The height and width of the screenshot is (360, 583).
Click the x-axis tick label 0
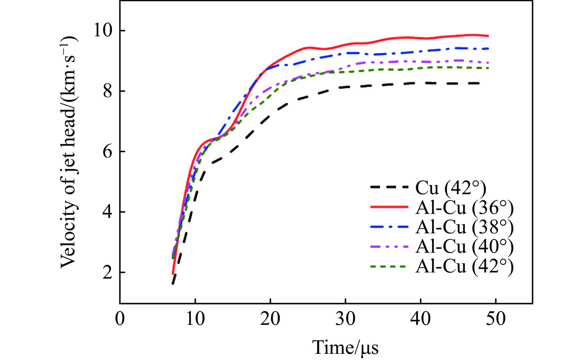pyautogui.click(x=120, y=319)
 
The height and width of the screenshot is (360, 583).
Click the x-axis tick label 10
pyautogui.click(x=195, y=319)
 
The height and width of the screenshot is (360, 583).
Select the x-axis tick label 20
pyautogui.click(x=270, y=319)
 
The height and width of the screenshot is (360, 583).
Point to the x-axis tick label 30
pyautogui.click(x=345, y=319)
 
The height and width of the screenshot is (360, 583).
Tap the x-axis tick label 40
pyautogui.click(x=420, y=319)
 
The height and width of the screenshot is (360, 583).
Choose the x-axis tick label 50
pyautogui.click(x=496, y=319)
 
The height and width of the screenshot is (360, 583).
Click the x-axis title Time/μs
pyautogui.click(x=345, y=347)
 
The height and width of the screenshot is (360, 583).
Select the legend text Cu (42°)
pyautogui.click(x=451, y=188)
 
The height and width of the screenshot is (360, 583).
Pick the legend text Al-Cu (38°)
pyautogui.click(x=464, y=227)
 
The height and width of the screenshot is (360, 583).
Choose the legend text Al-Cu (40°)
pyautogui.click(x=464, y=247)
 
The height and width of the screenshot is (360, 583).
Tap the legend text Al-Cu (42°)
pyautogui.click(x=464, y=266)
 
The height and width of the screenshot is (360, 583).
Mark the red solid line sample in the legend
pyautogui.click(x=389, y=207)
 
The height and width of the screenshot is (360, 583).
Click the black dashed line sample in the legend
pyautogui.click(x=389, y=187)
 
